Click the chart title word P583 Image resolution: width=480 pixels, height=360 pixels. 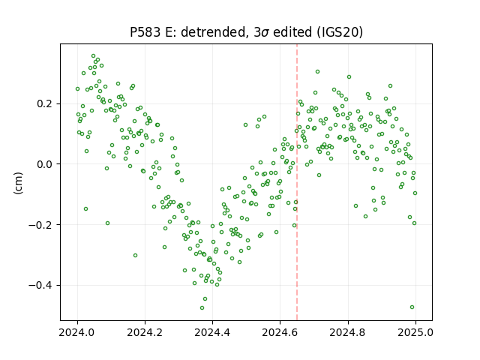[145, 32]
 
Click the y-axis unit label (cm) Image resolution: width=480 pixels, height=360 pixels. [18, 183]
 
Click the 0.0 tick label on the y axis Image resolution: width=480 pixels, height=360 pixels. [46, 164]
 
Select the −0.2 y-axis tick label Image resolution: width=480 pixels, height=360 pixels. [42, 225]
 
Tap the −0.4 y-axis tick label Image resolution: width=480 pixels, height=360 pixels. [42, 285]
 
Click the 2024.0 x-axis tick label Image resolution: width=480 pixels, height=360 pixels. [77, 332]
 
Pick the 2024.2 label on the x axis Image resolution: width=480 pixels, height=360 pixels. [145, 332]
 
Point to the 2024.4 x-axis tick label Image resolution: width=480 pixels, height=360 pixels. [212, 332]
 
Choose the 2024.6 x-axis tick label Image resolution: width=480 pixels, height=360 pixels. [280, 332]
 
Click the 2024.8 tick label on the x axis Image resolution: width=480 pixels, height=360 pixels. [348, 332]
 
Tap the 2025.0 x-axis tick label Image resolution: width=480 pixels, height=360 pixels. [415, 332]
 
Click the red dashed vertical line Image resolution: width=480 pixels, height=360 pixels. [297, 182]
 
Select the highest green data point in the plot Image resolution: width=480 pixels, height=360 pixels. [93, 56]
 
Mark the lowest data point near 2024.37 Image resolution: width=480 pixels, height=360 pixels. [202, 307]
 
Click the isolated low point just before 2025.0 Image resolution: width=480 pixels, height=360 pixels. [412, 307]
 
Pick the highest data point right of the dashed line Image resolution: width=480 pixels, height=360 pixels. [317, 72]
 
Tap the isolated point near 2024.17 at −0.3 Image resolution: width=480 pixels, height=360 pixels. [135, 255]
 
